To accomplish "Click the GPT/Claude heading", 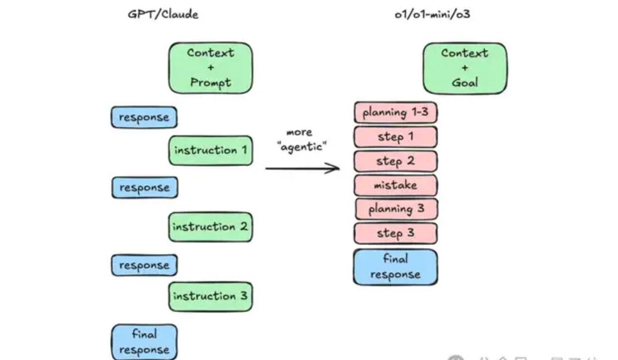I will tap(163, 14).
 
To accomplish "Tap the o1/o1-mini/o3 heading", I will tap(432, 14).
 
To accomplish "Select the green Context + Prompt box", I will tap(210, 68).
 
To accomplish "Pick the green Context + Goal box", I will tap(465, 68).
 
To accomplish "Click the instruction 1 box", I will tap(210, 150).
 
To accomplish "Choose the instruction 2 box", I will tap(210, 227).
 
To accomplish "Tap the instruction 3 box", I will tap(210, 296).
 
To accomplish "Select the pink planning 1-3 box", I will tap(395, 112).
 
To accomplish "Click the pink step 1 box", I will tap(395, 137).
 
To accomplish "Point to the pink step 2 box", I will tap(395, 161).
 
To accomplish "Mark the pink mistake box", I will tap(395, 185).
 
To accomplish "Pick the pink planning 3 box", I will tap(396, 209).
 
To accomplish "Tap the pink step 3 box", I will tap(396, 233).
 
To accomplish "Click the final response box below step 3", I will tap(395, 267).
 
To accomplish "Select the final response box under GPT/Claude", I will tap(144, 342).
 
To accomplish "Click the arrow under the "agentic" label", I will tap(302, 169).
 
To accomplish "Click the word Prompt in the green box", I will tap(210, 82).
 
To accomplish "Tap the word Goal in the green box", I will tap(465, 82).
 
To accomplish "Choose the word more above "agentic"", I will tap(299, 132).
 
